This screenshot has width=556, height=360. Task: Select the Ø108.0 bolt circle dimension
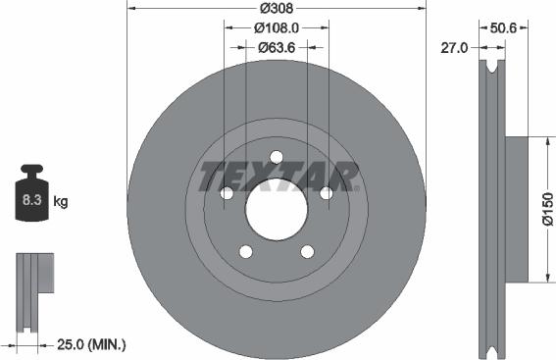tap(277, 29)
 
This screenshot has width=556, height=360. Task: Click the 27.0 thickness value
tap(453, 46)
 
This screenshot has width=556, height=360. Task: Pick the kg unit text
tap(61, 202)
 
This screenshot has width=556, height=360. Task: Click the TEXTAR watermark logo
tap(278, 178)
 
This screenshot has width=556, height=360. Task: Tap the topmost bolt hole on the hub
tap(276, 157)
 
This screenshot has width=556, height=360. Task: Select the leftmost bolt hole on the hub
tap(227, 193)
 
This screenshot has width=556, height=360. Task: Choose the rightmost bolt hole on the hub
tap(326, 193)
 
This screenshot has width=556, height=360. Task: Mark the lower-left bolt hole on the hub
tap(245, 251)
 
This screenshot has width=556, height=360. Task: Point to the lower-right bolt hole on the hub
tap(307, 251)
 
